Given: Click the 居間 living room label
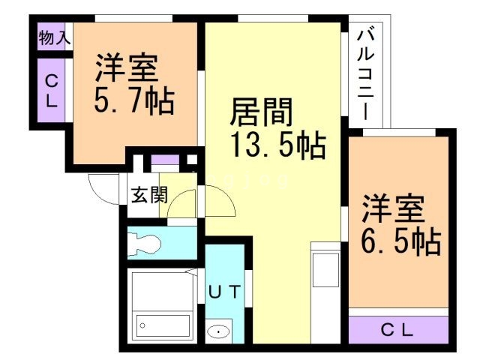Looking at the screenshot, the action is [262, 112].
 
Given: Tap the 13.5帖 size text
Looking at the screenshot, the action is [278, 145].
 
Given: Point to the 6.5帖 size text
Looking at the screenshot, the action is [401, 241].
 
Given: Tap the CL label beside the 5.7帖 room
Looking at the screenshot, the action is [52, 91].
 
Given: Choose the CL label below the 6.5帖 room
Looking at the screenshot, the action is [397, 330].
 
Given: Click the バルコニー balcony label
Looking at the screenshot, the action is [365, 74].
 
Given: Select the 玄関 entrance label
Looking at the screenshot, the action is [150, 195].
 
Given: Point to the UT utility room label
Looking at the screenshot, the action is [224, 292].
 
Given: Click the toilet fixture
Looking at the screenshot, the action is [144, 244].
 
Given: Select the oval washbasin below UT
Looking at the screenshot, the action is [218, 331].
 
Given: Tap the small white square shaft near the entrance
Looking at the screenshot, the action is [192, 160].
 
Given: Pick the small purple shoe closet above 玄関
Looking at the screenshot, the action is [165, 160].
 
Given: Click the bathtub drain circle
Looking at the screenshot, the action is [142, 325].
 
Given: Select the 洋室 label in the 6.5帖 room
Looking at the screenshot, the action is [393, 208].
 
